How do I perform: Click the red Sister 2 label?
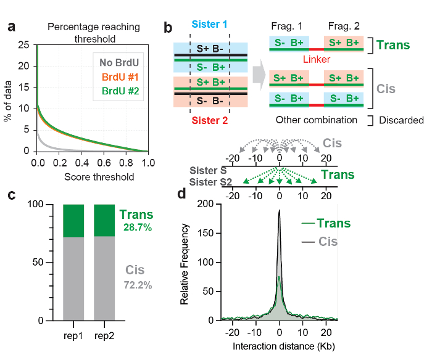click(x=210, y=120)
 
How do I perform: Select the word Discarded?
click(x=401, y=120)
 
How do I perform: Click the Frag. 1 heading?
click(x=286, y=27)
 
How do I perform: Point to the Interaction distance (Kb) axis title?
click(x=281, y=347)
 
